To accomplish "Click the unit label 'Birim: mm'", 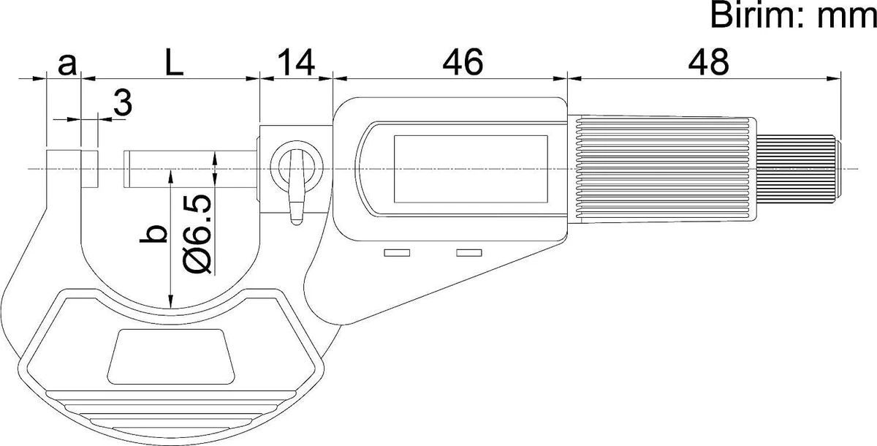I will tap(792, 16).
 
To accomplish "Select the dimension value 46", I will tap(463, 63).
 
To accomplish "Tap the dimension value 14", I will tap(295, 63).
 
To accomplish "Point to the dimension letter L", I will tap(173, 64).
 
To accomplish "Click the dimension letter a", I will tap(66, 64).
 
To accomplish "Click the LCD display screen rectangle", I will tap(471, 170).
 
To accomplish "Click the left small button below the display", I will tap(397, 254).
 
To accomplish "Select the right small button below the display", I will tap(469, 254).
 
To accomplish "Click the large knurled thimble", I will tap(665, 170).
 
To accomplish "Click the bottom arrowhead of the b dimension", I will tap(170, 301).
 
